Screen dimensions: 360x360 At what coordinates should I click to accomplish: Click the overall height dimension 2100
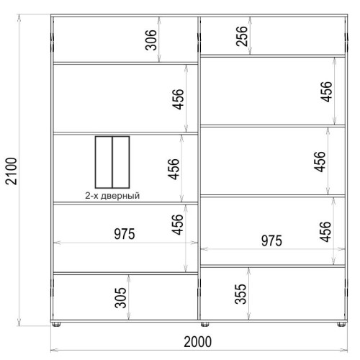(x=12, y=171)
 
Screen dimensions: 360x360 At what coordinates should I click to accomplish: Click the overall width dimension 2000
(x=198, y=342)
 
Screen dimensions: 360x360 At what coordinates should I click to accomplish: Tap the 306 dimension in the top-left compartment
(x=151, y=40)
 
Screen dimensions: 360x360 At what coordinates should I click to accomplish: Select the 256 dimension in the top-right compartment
(x=241, y=36)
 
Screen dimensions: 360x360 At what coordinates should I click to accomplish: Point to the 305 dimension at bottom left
(x=120, y=297)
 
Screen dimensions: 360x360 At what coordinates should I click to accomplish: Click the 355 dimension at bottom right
(x=240, y=294)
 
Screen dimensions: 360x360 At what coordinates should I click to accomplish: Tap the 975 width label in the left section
(x=125, y=234)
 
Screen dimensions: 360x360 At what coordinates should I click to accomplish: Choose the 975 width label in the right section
(x=271, y=240)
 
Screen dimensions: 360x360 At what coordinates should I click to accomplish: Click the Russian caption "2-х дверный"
(x=112, y=196)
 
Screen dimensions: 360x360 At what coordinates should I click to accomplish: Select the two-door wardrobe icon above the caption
(x=112, y=162)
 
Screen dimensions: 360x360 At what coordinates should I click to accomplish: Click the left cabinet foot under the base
(x=56, y=325)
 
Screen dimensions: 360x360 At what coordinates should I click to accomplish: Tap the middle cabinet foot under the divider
(x=204, y=325)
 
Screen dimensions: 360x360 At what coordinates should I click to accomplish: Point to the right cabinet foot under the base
(x=341, y=325)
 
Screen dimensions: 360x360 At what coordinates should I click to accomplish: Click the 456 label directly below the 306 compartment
(x=178, y=99)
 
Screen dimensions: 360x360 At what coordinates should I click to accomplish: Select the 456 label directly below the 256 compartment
(x=326, y=91)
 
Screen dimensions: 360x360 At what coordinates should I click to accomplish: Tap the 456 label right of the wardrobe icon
(x=174, y=169)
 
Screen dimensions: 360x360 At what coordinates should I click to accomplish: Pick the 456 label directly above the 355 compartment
(x=325, y=232)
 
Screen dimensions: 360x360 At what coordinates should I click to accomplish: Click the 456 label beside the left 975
(x=177, y=225)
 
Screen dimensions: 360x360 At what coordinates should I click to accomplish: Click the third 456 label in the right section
(x=325, y=232)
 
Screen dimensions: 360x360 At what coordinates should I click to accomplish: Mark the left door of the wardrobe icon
(x=104, y=162)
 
